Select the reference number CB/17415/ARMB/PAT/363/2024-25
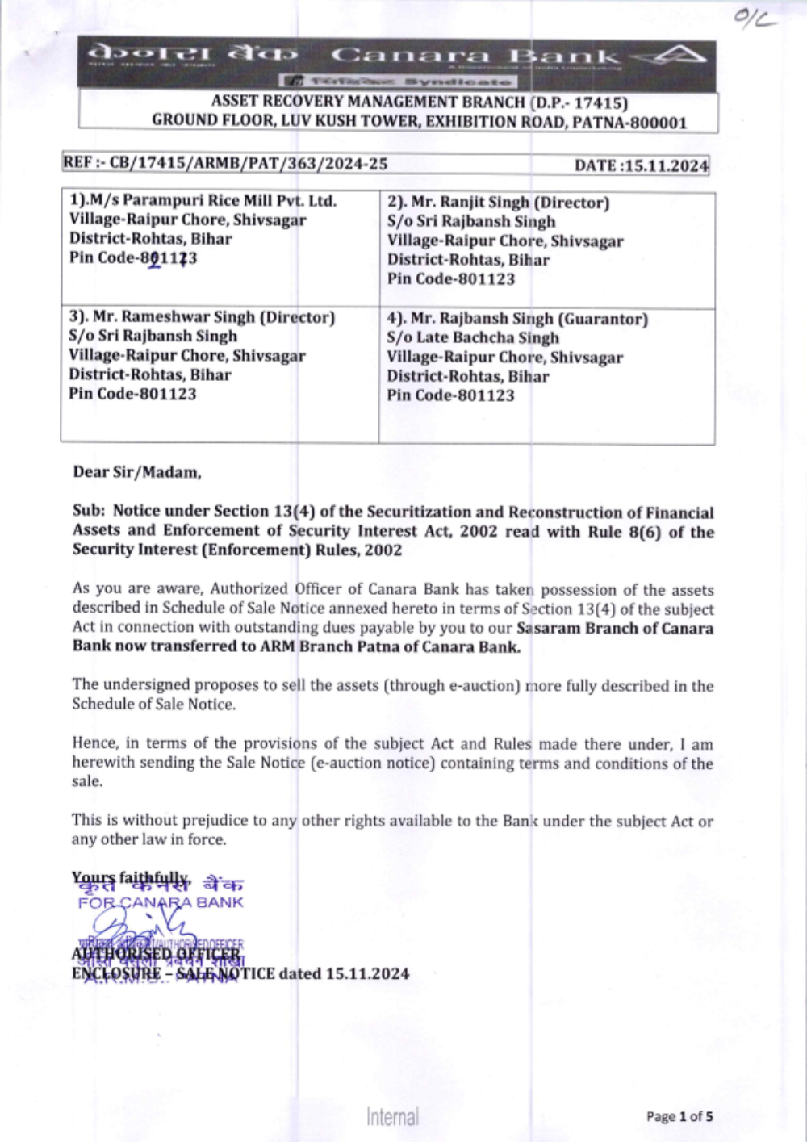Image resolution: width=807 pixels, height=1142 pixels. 249,164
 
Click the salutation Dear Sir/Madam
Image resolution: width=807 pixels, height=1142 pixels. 137,472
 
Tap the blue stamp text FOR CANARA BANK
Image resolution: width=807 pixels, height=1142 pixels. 161,902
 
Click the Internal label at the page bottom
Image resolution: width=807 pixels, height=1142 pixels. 392,1117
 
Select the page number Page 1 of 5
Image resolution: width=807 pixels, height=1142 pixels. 679,1117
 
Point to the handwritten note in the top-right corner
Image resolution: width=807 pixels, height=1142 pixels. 755,19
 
